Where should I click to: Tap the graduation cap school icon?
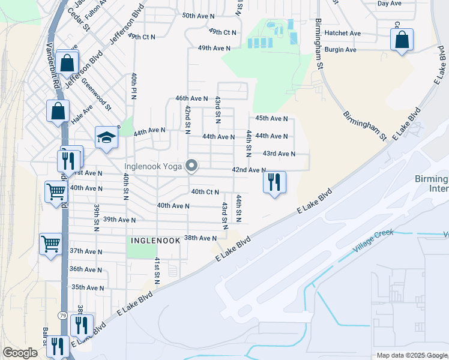pos(106,137)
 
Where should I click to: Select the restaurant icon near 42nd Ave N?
pos(274,182)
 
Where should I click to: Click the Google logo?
pos(20,353)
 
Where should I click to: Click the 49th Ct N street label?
pos(223,31)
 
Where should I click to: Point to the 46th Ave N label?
pos(191,98)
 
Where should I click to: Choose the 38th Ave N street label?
pos(200,238)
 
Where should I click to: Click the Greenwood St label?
pos(96,95)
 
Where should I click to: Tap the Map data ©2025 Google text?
pos(412,355)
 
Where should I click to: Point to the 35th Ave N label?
pos(88,287)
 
